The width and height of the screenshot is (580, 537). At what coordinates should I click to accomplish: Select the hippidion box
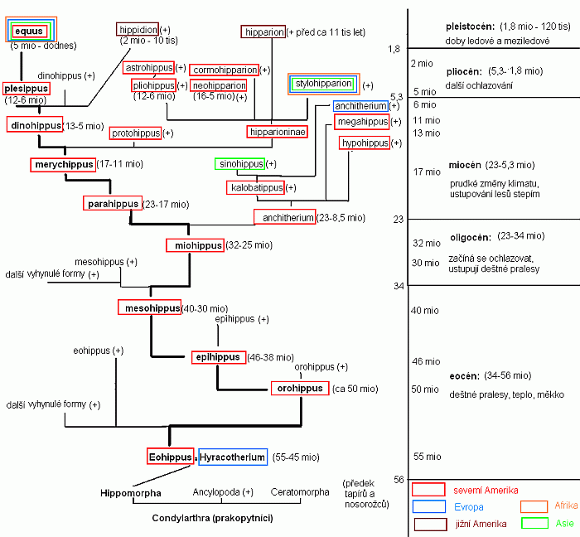click(138, 30)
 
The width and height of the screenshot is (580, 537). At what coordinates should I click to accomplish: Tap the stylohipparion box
click(322, 84)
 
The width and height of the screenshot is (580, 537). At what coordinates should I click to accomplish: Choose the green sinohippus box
click(239, 164)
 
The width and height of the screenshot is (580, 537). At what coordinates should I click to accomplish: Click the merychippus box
click(64, 165)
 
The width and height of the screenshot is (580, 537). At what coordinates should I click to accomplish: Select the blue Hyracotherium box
click(233, 457)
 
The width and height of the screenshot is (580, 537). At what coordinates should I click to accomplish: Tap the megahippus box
click(362, 123)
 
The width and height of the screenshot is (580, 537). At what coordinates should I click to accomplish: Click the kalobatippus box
click(256, 188)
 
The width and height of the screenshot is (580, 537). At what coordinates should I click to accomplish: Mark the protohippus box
click(136, 133)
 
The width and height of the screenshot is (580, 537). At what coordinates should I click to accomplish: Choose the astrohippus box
click(149, 67)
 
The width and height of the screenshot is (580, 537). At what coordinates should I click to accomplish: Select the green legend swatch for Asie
click(534, 523)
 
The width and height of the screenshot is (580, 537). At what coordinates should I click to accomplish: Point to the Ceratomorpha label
click(300, 492)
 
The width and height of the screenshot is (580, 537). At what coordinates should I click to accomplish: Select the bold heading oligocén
click(471, 235)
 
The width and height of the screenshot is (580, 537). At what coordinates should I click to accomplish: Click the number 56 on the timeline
click(399, 479)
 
